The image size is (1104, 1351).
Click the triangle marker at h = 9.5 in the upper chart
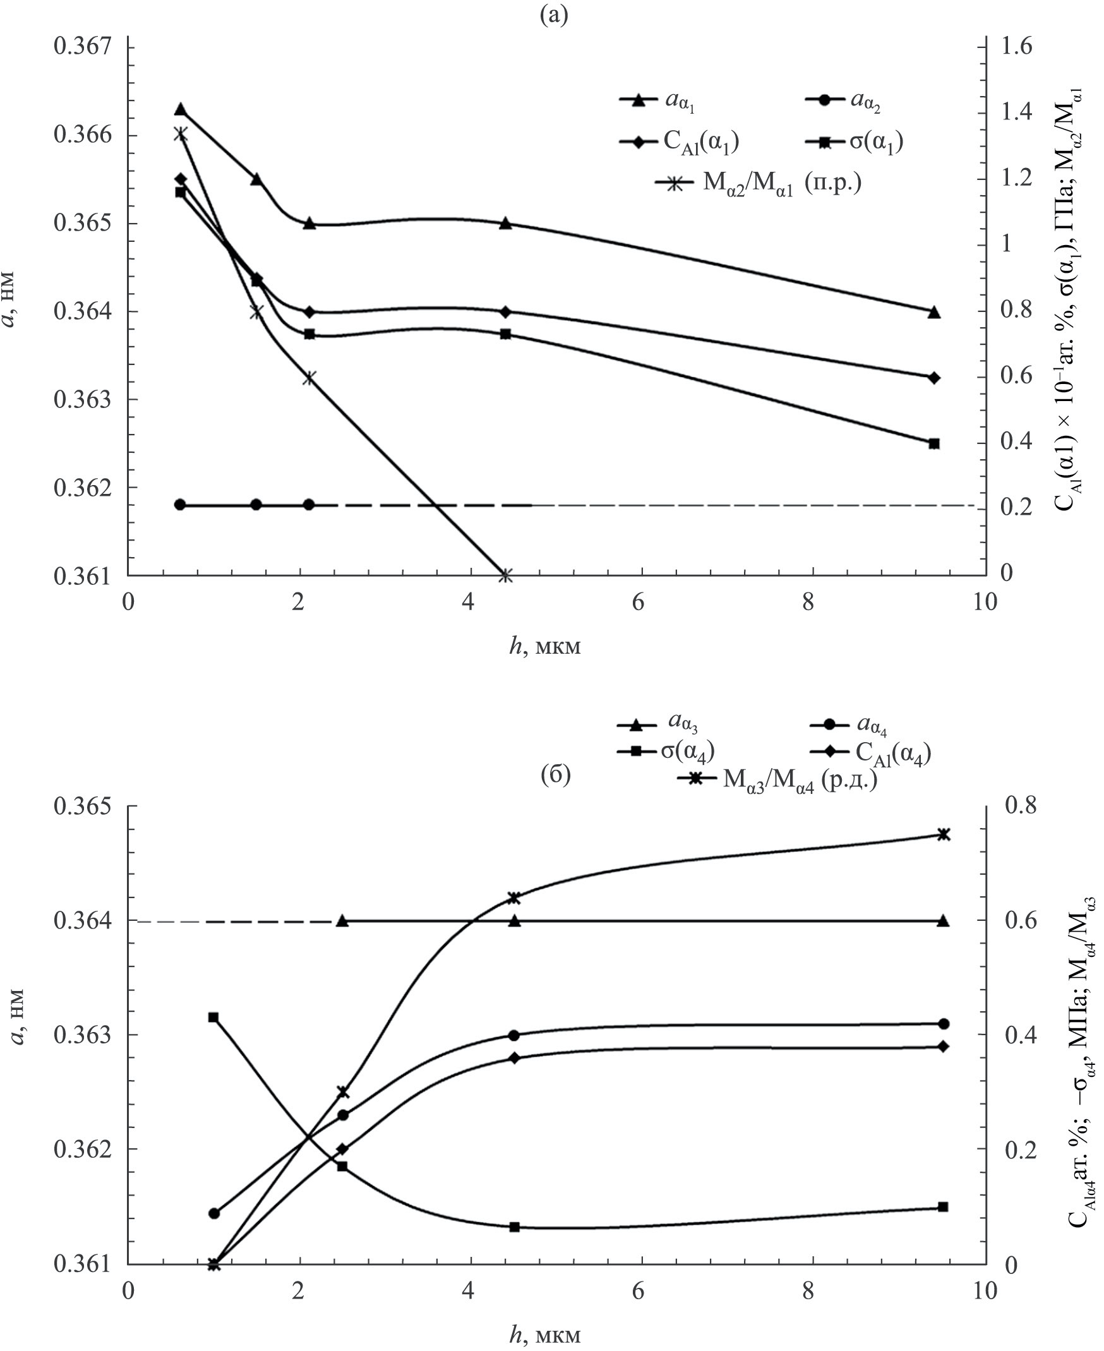click(934, 312)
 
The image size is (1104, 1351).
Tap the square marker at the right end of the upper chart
click(934, 443)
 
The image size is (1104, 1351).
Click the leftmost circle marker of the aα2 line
click(180, 505)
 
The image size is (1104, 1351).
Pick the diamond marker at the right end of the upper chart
click(934, 377)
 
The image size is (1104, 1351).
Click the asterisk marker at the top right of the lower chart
click(944, 834)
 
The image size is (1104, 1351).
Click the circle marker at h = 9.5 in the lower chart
click(944, 1023)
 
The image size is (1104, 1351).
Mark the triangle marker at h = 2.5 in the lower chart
click(342, 920)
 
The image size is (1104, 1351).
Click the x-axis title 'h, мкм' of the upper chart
click(545, 647)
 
